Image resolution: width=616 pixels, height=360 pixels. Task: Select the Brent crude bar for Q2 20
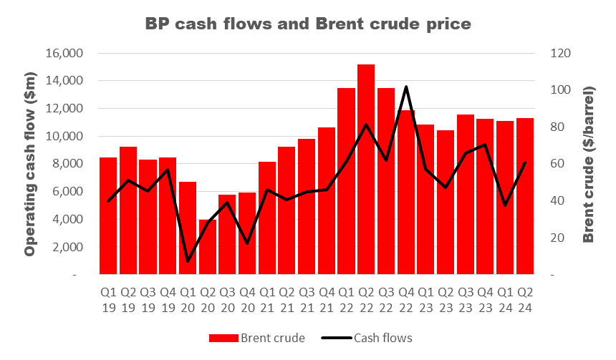coord(208,247)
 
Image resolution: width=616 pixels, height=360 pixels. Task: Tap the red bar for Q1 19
coord(109,215)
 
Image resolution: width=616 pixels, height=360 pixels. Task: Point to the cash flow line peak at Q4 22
coord(406,87)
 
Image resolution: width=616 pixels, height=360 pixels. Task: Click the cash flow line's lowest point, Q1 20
coord(188,261)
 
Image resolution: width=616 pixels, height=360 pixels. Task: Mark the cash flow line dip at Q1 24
coord(506,205)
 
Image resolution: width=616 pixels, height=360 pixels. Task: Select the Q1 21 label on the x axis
coord(267,301)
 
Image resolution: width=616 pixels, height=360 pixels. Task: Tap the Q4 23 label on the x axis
coord(486,301)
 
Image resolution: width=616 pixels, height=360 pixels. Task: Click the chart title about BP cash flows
coord(308,24)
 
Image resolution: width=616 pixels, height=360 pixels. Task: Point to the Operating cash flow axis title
coord(30,165)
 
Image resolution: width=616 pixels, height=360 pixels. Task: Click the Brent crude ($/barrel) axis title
coord(589,165)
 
